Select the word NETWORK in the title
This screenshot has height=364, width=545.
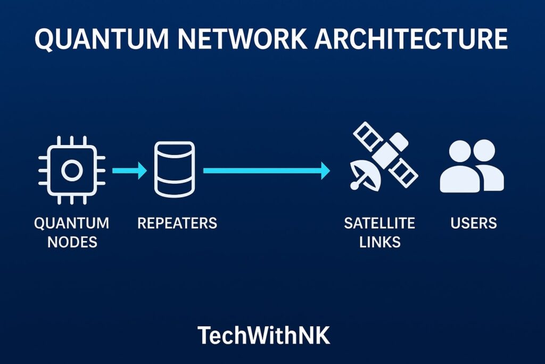coord(249,41)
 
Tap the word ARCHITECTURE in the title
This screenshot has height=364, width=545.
coord(412,41)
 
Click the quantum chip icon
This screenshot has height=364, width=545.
coord(71,171)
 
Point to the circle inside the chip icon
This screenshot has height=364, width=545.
coord(71,171)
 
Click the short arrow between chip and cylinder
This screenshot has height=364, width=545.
coord(129,171)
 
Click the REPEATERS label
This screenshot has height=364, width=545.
coord(177,223)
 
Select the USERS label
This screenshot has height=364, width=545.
coord(474,223)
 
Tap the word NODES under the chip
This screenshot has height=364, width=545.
coord(72,242)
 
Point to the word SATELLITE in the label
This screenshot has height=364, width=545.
coord(379,223)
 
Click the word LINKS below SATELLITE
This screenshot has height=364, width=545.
coord(379,242)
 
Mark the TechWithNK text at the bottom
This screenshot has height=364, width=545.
coord(264,335)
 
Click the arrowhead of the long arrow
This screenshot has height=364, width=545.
coord(325,171)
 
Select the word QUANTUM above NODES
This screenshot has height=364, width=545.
coord(72,223)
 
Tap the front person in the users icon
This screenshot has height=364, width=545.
coord(460,171)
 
